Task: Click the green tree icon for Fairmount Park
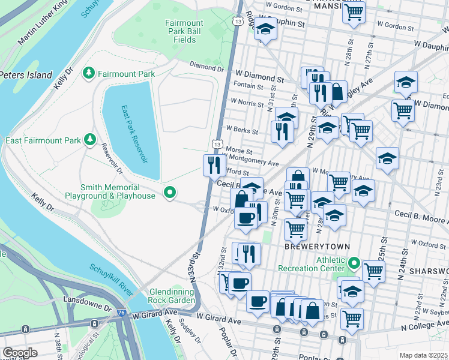point(89,73)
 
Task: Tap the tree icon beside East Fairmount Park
point(90,140)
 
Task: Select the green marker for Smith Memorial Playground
point(170,193)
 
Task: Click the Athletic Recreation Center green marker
point(354,263)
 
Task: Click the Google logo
point(20,353)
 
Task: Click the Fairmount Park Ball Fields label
point(185,31)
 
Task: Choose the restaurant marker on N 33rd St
point(214,164)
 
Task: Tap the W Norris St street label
point(247,104)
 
